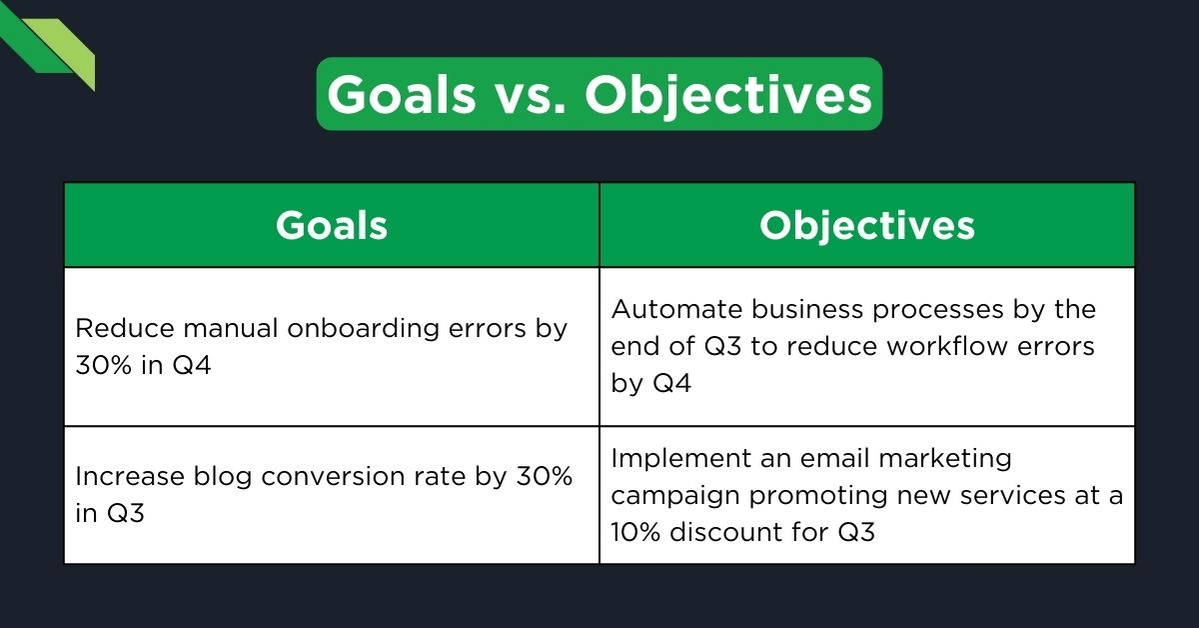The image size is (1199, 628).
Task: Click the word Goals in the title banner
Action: pyautogui.click(x=402, y=95)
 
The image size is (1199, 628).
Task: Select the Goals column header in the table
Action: pyautogui.click(x=332, y=225)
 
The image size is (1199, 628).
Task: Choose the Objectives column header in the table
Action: pyautogui.click(x=866, y=225)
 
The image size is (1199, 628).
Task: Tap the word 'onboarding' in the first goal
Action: pyautogui.click(x=341, y=328)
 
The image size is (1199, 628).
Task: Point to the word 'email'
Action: pyautogui.click(x=834, y=458)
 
